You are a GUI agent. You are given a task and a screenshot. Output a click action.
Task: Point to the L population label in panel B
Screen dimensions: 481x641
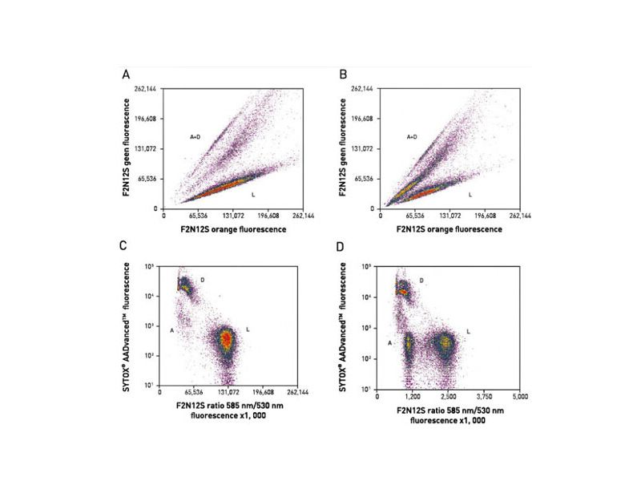[470, 194]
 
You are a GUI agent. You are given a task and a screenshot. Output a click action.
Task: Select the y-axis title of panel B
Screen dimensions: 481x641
[343, 149]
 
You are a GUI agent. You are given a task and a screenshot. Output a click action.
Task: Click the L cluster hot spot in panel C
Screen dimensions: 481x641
[228, 340]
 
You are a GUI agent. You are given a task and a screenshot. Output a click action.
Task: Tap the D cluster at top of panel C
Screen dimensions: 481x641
[185, 285]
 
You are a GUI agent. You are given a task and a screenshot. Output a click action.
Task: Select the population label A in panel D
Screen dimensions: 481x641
[389, 343]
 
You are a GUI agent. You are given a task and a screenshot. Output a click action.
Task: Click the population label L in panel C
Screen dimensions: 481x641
[248, 330]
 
